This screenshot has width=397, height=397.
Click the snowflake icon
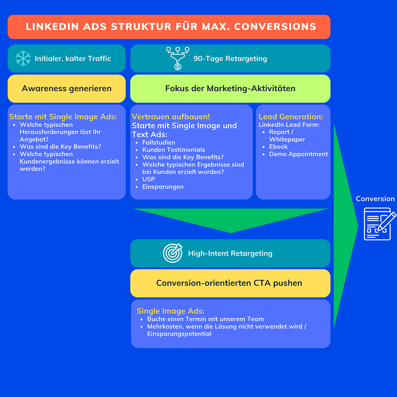tap(23, 58)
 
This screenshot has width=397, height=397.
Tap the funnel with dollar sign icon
tap(178, 58)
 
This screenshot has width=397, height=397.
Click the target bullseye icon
tap(173, 253)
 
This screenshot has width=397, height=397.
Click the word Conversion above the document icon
tap(375, 199)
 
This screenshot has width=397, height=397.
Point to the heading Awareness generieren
tap(67, 89)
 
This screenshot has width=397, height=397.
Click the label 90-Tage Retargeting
tap(230, 58)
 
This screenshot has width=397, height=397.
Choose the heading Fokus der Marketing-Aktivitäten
tap(230, 89)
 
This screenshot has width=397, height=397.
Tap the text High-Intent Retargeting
tap(230, 253)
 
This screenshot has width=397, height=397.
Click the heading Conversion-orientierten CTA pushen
tap(229, 283)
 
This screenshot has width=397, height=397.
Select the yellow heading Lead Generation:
tap(291, 117)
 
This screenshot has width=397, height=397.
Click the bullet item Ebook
tap(278, 147)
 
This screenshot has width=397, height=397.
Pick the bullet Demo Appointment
tap(298, 154)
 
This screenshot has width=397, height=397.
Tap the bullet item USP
tap(149, 179)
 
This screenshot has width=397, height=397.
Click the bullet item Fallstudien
tap(158, 143)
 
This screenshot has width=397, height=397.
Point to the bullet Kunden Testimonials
tap(174, 150)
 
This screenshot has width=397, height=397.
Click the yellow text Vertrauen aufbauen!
tap(171, 117)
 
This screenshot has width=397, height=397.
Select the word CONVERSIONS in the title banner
tap(275, 27)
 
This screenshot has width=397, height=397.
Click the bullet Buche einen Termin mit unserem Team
tap(205, 319)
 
